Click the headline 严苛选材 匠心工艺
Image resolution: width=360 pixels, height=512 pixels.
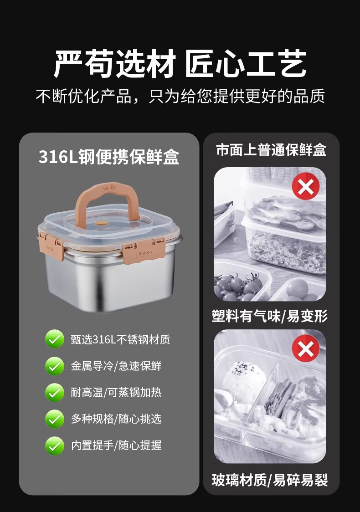(180, 64)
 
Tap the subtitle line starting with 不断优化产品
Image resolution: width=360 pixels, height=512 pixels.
(180, 96)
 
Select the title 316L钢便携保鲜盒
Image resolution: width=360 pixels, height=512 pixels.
(109, 157)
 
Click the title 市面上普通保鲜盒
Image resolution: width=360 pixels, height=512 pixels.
(271, 150)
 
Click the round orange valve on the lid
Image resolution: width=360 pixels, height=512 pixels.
(102, 224)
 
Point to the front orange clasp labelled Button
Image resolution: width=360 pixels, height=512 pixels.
(144, 252)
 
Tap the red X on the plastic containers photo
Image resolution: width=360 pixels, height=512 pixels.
(305, 186)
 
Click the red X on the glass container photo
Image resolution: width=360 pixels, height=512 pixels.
(306, 348)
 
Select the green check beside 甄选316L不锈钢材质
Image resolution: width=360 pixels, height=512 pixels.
(55, 339)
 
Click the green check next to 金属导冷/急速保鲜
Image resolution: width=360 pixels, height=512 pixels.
(55, 366)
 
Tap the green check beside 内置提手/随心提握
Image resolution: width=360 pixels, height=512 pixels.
(55, 445)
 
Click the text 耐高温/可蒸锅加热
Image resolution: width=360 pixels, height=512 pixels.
(116, 393)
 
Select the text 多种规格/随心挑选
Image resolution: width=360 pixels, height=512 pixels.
(116, 419)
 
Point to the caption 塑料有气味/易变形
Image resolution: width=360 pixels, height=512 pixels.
(269, 316)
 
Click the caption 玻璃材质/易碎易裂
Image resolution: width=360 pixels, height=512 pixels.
(269, 480)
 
